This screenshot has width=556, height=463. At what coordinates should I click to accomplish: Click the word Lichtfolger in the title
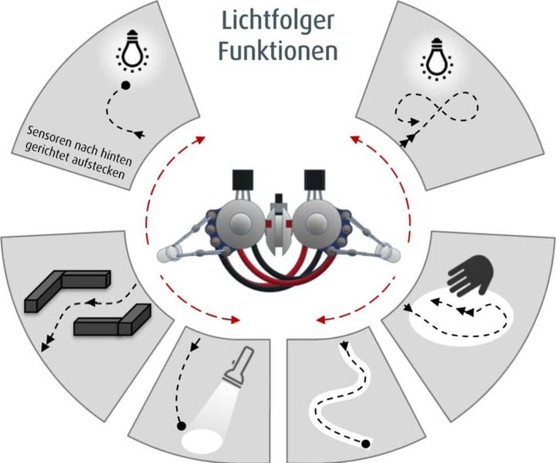278,22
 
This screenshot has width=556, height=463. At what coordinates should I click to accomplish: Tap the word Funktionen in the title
278,51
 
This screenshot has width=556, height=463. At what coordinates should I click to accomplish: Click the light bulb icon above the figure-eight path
435,59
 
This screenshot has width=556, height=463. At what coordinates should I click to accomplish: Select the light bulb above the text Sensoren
132,51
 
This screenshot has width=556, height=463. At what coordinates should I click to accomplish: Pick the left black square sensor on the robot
242,181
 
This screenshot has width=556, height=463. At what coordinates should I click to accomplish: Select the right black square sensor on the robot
314,181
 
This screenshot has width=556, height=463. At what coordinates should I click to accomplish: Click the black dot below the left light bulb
125,86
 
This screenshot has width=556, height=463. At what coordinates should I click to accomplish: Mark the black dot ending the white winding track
366,444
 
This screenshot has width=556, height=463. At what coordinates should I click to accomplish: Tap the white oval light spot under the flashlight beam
203,441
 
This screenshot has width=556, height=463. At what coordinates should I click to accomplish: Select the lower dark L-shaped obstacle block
113,319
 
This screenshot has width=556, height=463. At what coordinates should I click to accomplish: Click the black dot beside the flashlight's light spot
181,426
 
